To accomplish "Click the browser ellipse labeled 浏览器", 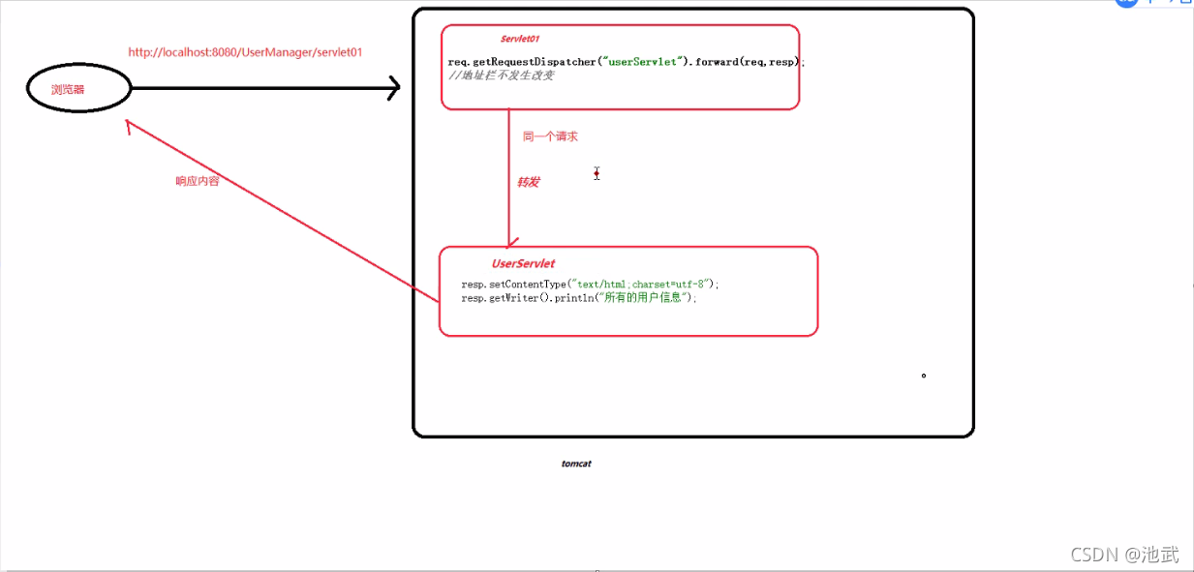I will coord(78,89).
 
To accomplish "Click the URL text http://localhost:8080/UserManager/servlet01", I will coord(245,52).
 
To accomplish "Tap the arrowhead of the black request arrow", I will coord(393,88).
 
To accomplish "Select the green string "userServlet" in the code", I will coord(639,62).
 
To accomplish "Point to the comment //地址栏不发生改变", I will coord(502,75).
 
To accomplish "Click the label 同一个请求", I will coord(550,136).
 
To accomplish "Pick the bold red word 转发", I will coord(528,182).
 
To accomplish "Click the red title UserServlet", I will coord(523,263).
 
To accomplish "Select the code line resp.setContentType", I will coord(591,285).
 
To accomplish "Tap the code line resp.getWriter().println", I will coord(579,298).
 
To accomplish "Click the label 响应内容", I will coord(197,181).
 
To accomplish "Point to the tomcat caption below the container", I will coord(576,464).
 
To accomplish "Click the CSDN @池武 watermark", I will coord(1125,555).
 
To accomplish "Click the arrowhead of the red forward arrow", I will coord(509,241).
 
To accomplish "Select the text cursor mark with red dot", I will coord(597,173).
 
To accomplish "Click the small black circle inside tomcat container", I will coord(924,376).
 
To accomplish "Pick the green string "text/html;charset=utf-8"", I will coord(641,285).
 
